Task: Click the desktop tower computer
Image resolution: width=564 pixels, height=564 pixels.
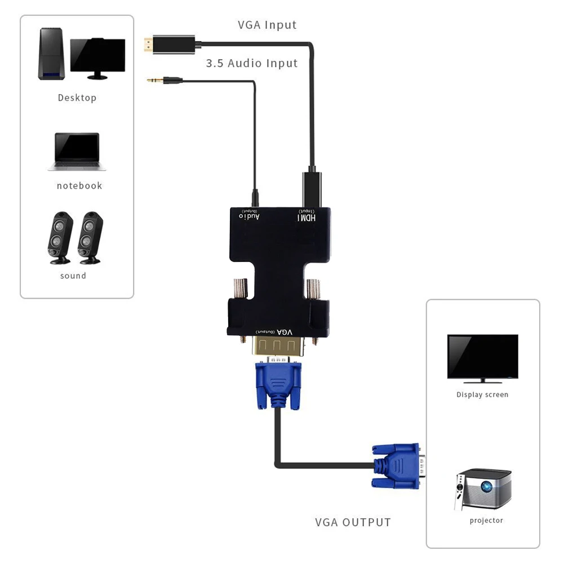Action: point(51,54)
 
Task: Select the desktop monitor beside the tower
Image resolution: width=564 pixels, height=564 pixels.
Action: point(97,57)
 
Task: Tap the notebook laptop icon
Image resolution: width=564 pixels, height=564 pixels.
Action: point(77,151)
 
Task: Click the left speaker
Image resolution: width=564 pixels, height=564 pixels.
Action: point(60,238)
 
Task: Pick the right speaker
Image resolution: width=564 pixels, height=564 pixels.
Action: point(90,238)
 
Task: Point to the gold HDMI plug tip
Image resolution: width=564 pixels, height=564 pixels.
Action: point(146,45)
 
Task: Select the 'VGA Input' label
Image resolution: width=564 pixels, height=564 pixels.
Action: point(267,25)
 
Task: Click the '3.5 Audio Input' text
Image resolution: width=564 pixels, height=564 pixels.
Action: point(251,63)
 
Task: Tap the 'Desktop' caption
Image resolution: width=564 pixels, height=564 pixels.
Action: point(77,97)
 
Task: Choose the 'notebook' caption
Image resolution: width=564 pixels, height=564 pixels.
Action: point(79,185)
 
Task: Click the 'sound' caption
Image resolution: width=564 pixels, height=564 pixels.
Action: point(73,276)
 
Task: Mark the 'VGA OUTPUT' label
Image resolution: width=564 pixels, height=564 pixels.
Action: point(353,522)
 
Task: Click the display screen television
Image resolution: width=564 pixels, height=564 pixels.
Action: point(482,357)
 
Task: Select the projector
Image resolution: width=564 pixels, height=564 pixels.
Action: point(482,488)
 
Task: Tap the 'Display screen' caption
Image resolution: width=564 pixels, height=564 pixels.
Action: point(482,395)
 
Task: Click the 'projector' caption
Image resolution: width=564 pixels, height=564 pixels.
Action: point(486,521)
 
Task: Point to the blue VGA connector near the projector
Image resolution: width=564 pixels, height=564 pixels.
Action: point(396,465)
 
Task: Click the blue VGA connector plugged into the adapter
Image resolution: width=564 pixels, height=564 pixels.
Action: point(278,384)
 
